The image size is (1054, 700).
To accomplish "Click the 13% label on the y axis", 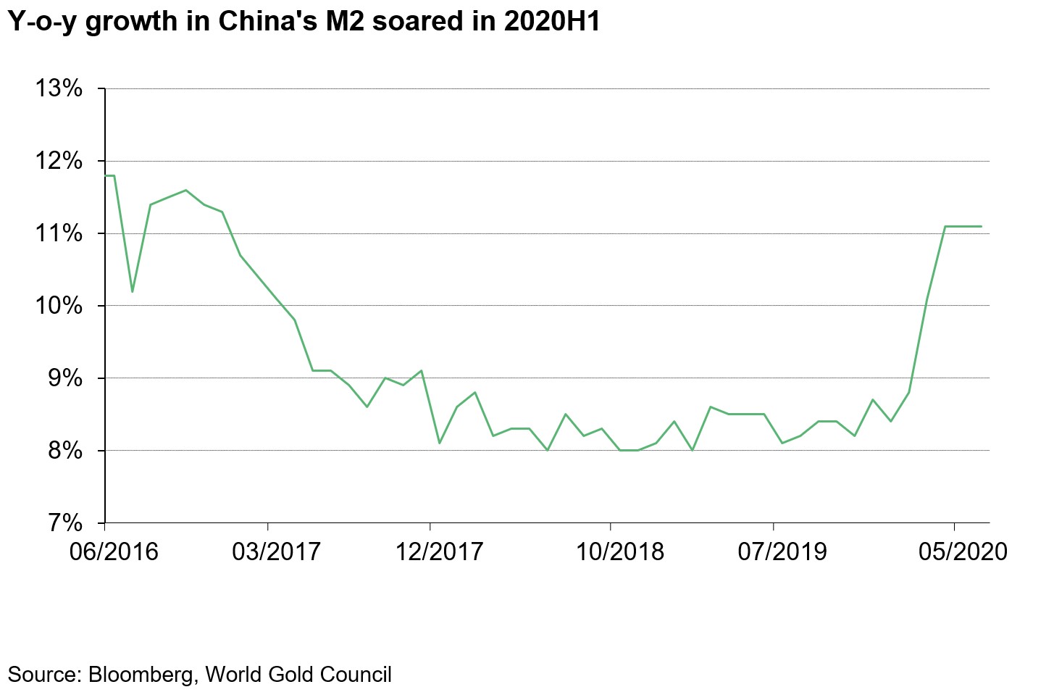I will point(59,88).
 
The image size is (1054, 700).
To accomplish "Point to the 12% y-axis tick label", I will point(59,161).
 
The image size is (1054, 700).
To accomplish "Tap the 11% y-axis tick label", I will point(59,233).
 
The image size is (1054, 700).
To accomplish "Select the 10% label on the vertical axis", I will point(59,306).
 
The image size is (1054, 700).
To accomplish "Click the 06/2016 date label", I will point(114,552).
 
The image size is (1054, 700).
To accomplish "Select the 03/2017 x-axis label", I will point(276,552).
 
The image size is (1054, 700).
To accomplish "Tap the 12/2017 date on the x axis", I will point(439,552).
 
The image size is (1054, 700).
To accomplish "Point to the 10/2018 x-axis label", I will point(619,552).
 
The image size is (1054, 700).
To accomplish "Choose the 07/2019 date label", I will point(782,552).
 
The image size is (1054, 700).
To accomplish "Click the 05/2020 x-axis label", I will point(963,552).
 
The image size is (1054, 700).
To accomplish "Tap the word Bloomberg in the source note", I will point(141,675).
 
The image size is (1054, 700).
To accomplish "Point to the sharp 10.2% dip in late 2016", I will point(132,291).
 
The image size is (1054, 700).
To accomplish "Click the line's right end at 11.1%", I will point(981,227).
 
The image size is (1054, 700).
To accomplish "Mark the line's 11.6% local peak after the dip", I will point(186,191).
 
